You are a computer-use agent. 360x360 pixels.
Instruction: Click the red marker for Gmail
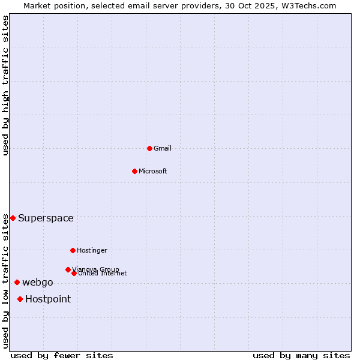coord(149,148)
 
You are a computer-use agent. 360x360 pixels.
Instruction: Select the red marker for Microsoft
coord(135,171)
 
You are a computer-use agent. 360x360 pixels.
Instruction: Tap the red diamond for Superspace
coord(13,218)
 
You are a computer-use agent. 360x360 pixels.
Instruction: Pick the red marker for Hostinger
coord(73,250)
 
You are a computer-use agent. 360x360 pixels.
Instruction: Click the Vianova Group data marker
coord(68,269)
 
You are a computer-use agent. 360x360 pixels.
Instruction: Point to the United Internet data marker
coord(74,273)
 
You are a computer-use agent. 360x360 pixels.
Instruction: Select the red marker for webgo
coord(17,282)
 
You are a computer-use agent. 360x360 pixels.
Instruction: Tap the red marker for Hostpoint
coord(20,299)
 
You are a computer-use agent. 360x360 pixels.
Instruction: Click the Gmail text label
coord(163,148)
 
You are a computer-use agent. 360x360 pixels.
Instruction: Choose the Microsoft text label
coord(153,171)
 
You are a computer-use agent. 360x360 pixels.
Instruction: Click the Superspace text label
coord(46,218)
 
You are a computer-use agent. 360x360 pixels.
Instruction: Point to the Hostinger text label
coord(92,250)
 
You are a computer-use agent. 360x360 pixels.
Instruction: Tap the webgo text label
coord(38,282)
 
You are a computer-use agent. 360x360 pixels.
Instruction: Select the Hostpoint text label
coord(48,299)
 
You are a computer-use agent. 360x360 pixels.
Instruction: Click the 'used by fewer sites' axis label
coord(62,355)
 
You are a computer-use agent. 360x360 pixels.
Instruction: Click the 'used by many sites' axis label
coord(301,355)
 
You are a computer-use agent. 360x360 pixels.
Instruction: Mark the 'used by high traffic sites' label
coord(5,85)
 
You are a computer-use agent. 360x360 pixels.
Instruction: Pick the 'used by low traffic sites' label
coord(5,280)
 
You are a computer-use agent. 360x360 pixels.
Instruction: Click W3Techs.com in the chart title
coord(307,5)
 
